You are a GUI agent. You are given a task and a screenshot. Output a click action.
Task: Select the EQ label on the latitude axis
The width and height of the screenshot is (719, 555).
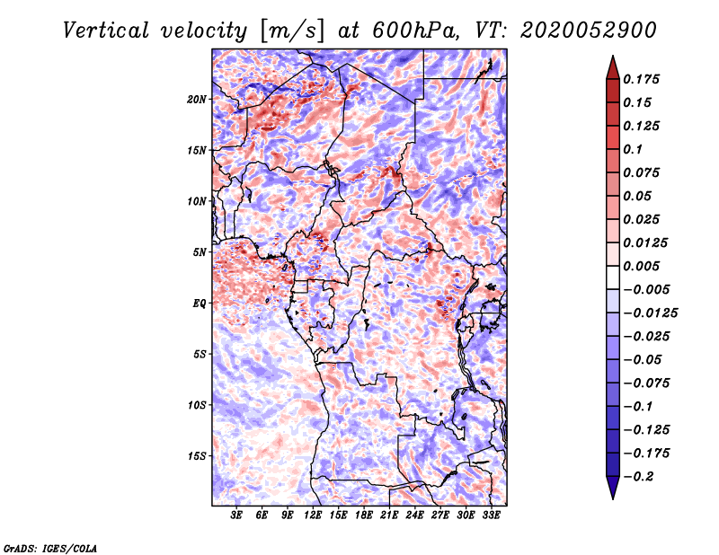click(200, 304)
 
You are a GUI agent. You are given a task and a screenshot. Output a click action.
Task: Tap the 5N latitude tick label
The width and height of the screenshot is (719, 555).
click(200, 252)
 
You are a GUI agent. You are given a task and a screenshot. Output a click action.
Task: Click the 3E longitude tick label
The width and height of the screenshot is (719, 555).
click(237, 516)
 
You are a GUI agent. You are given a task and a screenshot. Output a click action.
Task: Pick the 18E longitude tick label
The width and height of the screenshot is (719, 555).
click(365, 516)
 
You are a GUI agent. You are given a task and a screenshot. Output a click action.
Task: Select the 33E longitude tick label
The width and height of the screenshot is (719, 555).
click(492, 516)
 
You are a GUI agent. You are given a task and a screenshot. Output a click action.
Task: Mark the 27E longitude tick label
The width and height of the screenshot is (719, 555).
click(441, 516)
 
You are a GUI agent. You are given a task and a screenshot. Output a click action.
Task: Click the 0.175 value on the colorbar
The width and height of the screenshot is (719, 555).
click(644, 79)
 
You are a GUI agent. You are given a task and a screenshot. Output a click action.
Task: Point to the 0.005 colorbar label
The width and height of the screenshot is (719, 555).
click(644, 266)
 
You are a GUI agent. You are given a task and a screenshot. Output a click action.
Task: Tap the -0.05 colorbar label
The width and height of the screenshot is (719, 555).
click(644, 359)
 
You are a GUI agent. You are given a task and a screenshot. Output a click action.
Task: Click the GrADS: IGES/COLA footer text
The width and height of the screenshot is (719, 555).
click(50, 547)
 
